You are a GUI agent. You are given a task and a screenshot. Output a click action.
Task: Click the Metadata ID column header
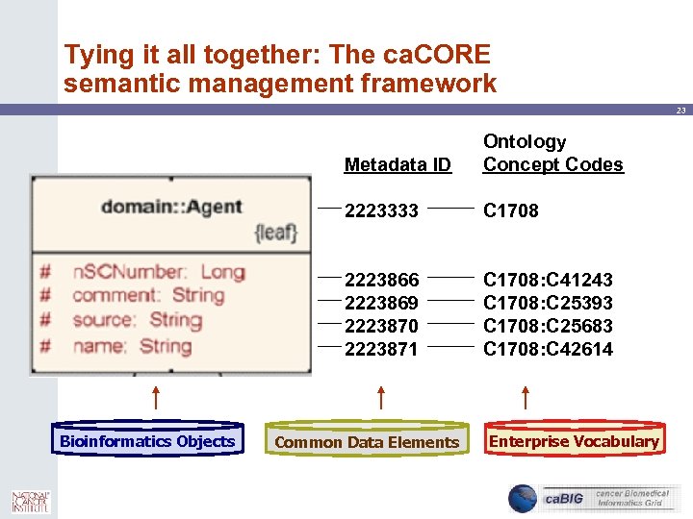tap(398, 164)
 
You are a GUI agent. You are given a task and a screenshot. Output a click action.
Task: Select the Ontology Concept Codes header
tap(552, 153)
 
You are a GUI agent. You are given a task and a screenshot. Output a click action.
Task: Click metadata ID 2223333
tap(381, 210)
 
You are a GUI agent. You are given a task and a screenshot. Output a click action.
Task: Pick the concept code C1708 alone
tap(511, 210)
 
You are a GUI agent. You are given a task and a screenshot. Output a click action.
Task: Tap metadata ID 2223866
tap(381, 280)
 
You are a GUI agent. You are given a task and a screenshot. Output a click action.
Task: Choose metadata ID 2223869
tap(381, 303)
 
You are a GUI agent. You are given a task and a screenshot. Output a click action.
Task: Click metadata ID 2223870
tap(381, 326)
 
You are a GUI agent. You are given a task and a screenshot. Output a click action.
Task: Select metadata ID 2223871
tap(381, 349)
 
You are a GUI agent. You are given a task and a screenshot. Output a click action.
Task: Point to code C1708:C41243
tap(548, 280)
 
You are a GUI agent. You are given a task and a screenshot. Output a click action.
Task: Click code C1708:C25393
tap(548, 303)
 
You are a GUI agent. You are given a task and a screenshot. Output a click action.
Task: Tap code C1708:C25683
tap(548, 326)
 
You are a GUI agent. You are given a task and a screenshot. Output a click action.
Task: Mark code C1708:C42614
tap(548, 349)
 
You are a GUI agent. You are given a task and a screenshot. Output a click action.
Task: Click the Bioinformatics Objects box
tap(147, 441)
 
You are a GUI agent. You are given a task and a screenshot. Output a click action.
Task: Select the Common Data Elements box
tap(367, 442)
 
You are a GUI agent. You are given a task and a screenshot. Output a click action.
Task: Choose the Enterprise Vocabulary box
tap(574, 441)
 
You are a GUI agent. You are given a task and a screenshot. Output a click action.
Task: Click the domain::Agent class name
tap(171, 207)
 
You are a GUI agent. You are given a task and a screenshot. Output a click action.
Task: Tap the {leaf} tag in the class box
tap(275, 232)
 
